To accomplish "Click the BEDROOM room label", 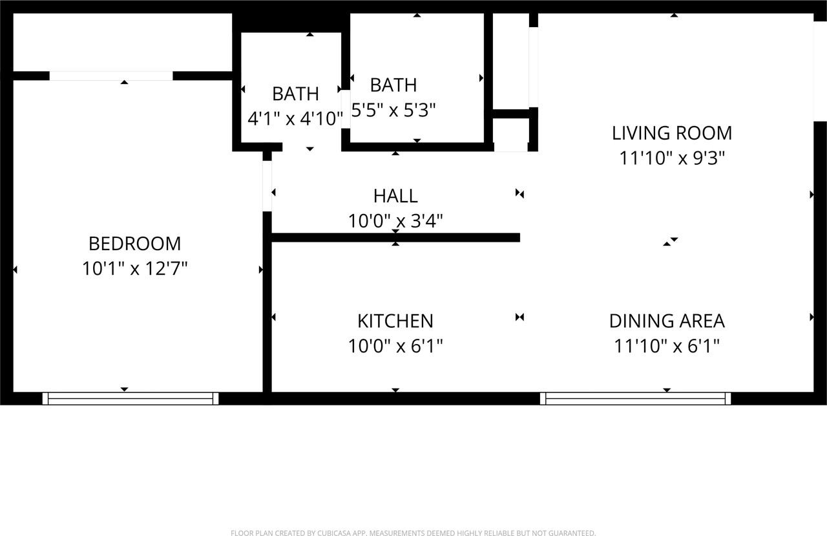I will tap(134, 244).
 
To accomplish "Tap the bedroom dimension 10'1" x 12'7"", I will tap(134, 268).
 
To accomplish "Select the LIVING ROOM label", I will tap(672, 133).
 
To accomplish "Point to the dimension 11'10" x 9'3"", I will tap(672, 158).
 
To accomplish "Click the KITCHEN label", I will tap(395, 321).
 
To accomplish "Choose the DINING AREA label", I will tap(667, 321).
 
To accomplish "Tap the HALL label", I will tap(395, 195).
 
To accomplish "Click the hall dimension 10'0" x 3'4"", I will tap(395, 221).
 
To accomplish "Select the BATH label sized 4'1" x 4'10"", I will tap(295, 94).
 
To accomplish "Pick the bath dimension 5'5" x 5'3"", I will tap(393, 110).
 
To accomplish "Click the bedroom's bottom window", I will tap(131, 399).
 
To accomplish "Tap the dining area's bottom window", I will tap(636, 399).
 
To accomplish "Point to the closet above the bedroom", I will tap(123, 42).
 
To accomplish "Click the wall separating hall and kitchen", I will tap(395, 238).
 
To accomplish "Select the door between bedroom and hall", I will tap(267, 186).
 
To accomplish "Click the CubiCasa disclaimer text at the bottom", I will tap(413, 533).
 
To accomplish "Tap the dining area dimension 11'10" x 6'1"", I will tap(667, 346).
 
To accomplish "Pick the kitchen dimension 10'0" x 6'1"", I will tap(395, 346).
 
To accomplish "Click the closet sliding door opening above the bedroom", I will tap(111, 76).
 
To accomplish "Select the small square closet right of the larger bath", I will tap(511, 134).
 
